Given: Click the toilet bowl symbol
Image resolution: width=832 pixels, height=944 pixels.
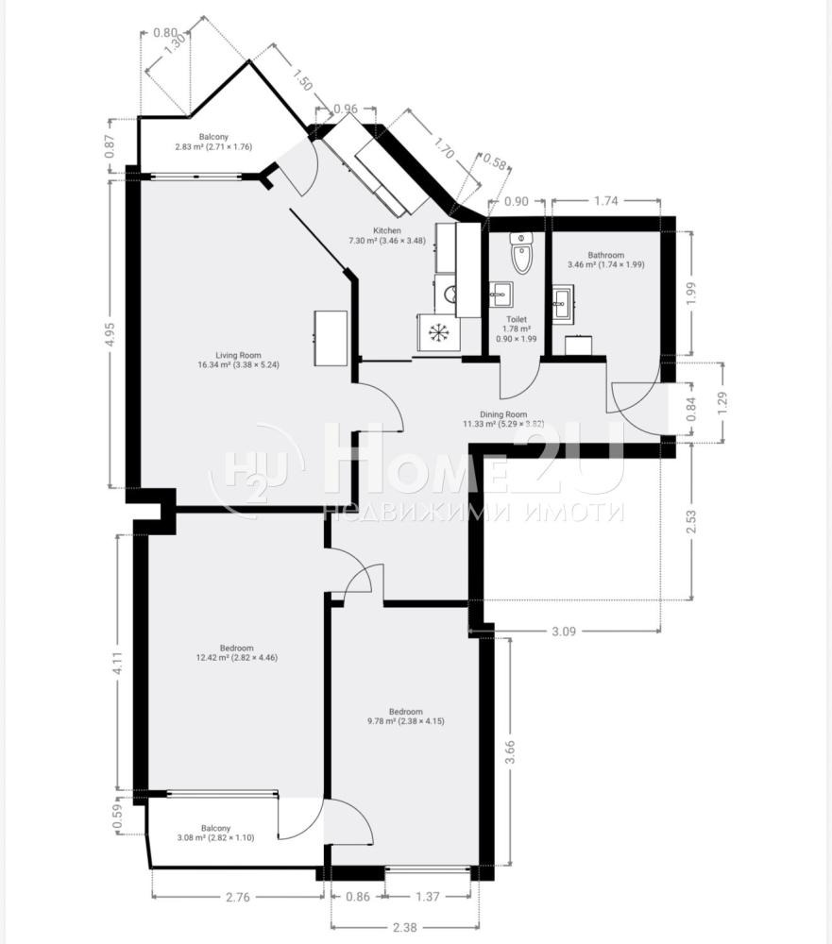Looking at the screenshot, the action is [x=521, y=253].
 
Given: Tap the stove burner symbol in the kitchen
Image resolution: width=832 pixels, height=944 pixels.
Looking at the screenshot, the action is [x=438, y=332].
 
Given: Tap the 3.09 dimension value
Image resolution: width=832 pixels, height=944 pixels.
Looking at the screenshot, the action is [x=564, y=632].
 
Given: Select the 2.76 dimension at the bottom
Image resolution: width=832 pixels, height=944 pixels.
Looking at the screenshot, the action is [x=237, y=898].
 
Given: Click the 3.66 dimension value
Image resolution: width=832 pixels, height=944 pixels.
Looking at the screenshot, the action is [x=510, y=752].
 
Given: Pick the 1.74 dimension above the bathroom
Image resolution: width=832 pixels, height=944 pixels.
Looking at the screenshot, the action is [x=605, y=201].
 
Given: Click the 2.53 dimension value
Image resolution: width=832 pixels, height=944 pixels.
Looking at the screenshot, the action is [x=691, y=521].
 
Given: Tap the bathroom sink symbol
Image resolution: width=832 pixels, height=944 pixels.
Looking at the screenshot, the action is [x=563, y=304].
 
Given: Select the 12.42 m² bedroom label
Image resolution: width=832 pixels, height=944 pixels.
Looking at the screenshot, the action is [x=237, y=653].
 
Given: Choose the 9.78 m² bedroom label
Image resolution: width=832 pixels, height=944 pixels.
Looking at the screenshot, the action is [x=405, y=716].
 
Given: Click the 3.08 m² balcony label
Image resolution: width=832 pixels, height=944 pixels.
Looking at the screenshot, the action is [x=215, y=833].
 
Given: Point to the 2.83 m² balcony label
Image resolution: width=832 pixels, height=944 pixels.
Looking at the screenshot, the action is [x=213, y=142].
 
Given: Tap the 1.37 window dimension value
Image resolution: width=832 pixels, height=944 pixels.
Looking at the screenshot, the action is [x=428, y=897].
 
